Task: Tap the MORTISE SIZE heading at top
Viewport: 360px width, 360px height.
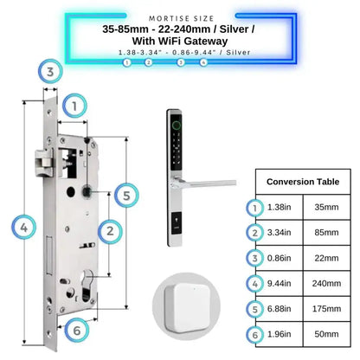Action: click(x=180, y=16)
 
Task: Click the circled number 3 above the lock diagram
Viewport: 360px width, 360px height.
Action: click(x=51, y=71)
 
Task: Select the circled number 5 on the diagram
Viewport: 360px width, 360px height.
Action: click(x=126, y=196)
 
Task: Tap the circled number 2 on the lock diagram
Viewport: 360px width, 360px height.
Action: click(x=109, y=230)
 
